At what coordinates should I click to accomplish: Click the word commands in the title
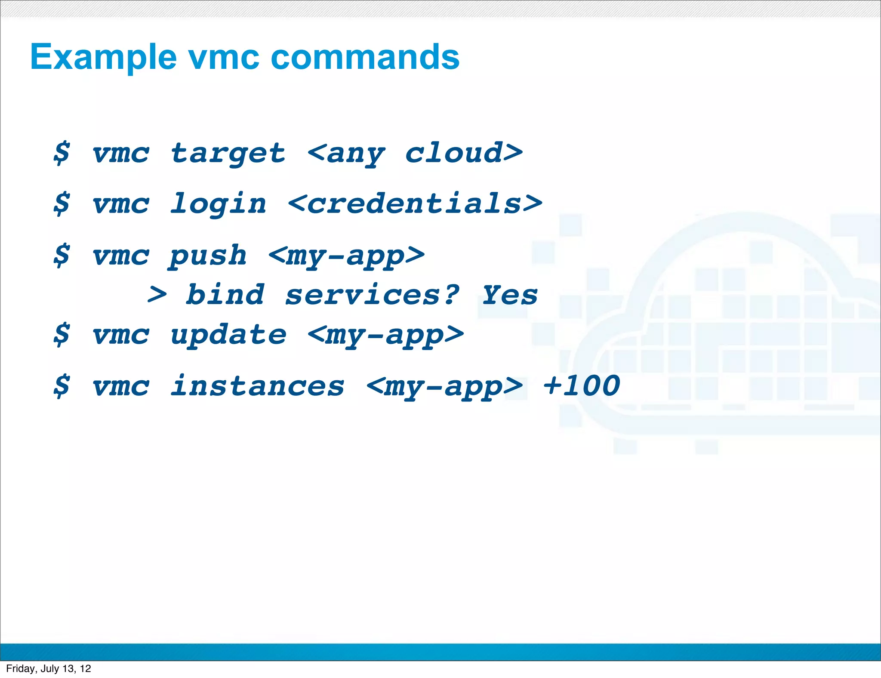coord(365,57)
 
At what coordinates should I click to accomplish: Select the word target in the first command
coord(228,153)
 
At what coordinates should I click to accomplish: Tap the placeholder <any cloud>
coord(415,153)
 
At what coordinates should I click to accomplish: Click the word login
coord(218,204)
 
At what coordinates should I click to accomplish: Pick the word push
coord(208,256)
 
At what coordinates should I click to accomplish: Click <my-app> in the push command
coord(346,256)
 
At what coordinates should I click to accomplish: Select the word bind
coord(225,295)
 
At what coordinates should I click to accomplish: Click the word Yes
coord(509,295)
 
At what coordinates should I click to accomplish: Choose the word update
coord(228,335)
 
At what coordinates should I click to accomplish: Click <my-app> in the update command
coord(386,335)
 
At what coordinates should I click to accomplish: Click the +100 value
coord(581,386)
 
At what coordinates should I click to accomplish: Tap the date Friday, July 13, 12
coord(49,669)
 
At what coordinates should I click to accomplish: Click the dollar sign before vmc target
coord(62,153)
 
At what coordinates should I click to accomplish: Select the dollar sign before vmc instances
coord(62,386)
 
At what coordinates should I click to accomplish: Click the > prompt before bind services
coord(157,295)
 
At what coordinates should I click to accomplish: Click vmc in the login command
coord(121,204)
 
